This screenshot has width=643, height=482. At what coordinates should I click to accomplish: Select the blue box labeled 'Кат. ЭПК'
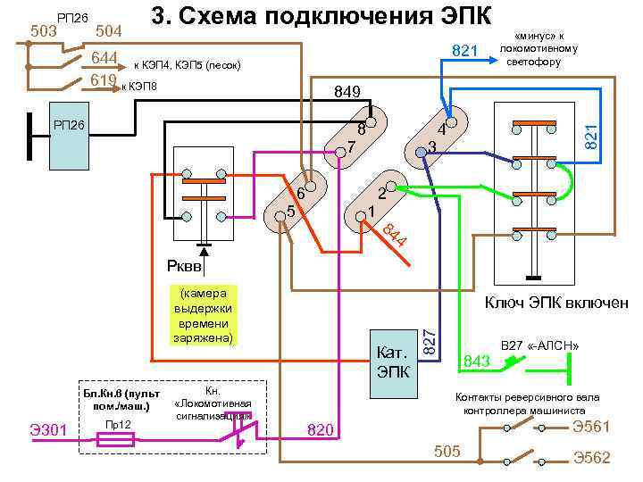393,358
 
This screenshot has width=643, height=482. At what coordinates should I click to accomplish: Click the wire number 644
105,59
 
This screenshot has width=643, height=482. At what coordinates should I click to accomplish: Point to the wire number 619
104,82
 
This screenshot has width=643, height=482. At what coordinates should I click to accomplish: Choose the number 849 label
347,92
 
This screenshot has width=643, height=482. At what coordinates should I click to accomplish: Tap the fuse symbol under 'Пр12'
117,439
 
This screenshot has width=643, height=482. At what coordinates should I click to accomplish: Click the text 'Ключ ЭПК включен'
555,303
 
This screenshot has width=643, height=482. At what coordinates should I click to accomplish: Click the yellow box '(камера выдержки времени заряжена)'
205,316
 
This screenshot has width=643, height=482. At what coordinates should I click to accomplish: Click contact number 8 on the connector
361,128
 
